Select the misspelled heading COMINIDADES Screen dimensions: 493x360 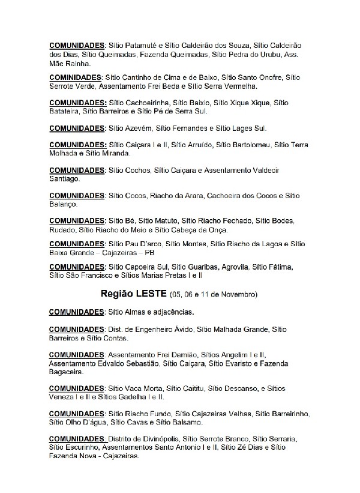point(75,77)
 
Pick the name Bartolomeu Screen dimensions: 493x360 point(251,144)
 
